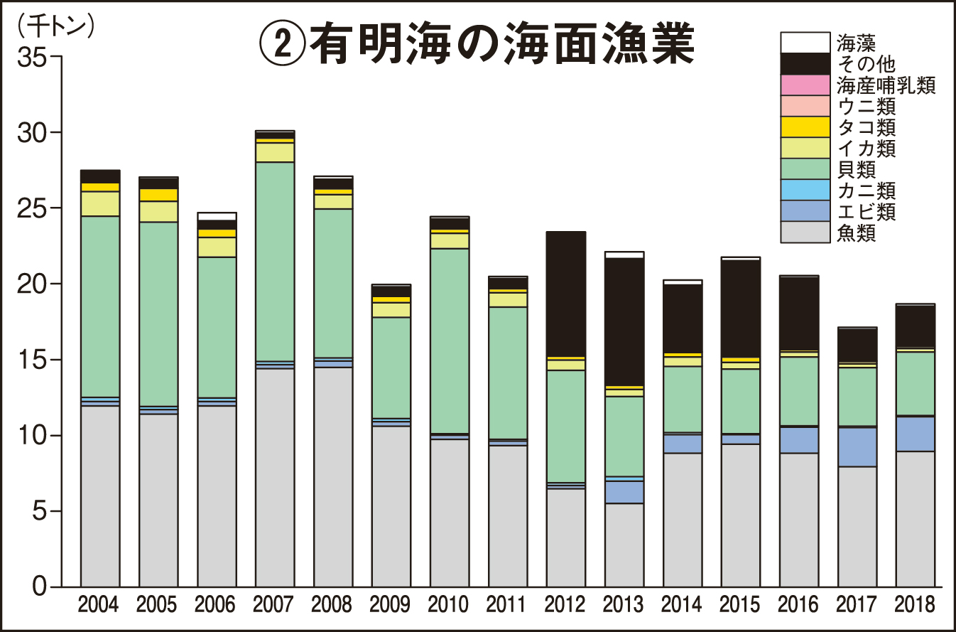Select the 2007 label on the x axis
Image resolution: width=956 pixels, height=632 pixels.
273,605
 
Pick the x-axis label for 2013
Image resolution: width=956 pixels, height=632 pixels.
624,605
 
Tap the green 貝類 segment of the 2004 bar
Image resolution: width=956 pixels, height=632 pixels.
99,306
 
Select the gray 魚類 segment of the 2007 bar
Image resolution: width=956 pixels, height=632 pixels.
274,476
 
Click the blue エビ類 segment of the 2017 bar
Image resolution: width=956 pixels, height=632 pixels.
857,446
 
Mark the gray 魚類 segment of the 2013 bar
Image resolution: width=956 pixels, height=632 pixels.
624,545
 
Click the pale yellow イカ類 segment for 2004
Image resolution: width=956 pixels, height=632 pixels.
99,203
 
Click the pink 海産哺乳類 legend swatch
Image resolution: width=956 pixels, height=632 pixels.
805,85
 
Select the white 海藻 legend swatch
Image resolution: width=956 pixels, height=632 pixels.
805,43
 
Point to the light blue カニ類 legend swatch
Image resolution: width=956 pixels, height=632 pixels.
805,190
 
